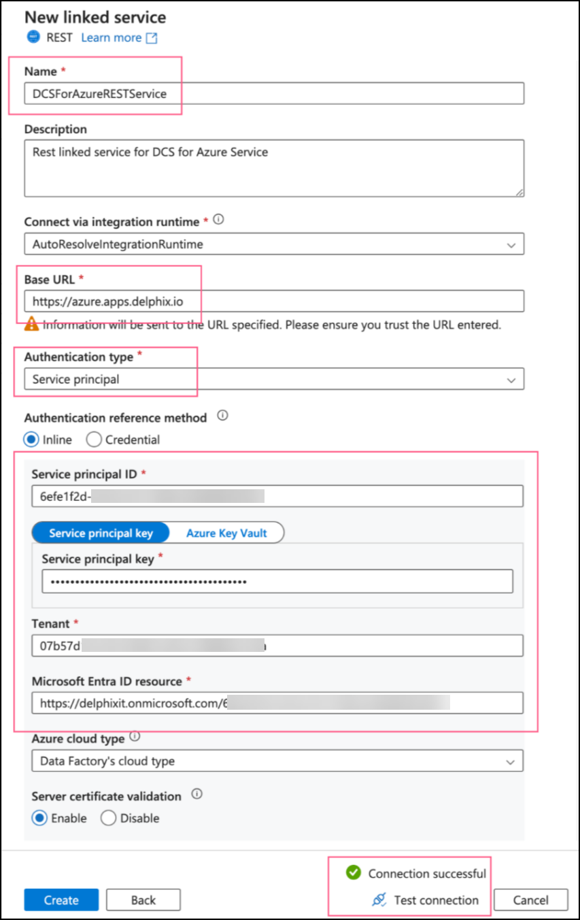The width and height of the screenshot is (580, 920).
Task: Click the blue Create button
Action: pos(61,900)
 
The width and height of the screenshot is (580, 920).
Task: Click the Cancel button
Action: pos(530,900)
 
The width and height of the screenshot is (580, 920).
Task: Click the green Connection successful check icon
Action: pos(353,872)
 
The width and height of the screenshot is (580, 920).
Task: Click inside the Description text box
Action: pos(274,168)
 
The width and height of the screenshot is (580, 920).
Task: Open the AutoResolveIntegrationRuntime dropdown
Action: pos(274,244)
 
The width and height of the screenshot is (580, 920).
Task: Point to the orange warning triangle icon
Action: pos(31,325)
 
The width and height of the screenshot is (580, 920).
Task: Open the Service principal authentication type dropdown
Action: pos(274,379)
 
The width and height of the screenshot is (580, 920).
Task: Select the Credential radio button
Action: pos(95,440)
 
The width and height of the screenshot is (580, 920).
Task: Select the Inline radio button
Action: pos(32,440)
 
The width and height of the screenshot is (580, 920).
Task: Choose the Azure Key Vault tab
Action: pos(226,533)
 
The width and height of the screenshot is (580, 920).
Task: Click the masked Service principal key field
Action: pos(277,582)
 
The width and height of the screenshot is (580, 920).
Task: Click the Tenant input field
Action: pos(277,645)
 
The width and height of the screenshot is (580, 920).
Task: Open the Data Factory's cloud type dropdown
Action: pos(277,761)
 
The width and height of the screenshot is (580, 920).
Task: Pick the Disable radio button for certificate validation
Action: pos(109,818)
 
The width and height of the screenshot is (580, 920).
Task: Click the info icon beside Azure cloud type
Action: pos(135,737)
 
